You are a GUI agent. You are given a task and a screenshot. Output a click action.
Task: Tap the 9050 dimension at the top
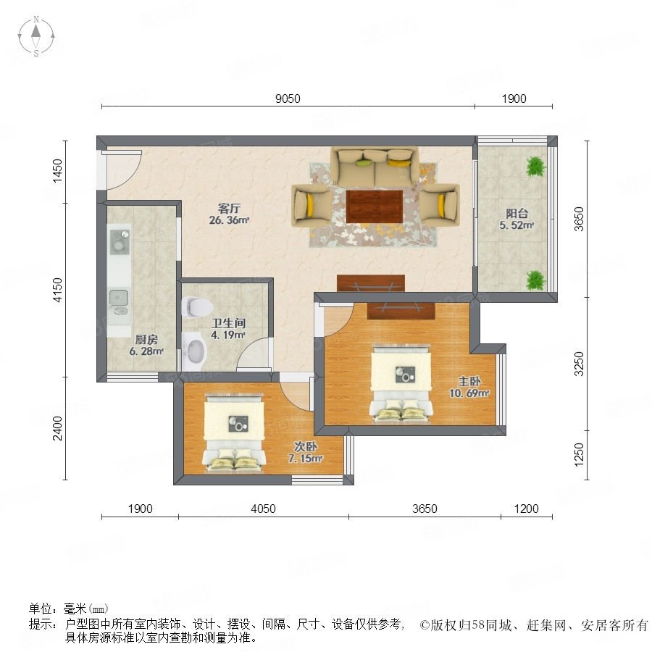(x=288, y=99)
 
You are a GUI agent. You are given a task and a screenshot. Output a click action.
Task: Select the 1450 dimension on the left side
(x=57, y=170)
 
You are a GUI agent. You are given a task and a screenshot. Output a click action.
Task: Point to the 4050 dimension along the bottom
(x=263, y=509)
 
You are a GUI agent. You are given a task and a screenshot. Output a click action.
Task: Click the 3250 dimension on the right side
(x=579, y=364)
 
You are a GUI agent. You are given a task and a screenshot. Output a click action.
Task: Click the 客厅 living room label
(x=229, y=209)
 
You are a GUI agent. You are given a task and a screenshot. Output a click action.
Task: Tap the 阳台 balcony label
(x=517, y=213)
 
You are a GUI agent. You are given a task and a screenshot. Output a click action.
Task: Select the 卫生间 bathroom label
(x=228, y=323)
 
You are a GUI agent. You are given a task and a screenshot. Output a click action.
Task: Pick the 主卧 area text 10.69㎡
(x=469, y=393)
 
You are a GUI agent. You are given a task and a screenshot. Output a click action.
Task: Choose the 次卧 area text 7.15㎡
(x=306, y=459)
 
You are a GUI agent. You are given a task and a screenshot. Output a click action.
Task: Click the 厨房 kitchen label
(x=146, y=340)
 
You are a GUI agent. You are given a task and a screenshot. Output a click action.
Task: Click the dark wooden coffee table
(x=375, y=206)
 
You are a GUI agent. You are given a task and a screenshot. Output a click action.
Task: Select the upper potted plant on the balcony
(x=535, y=167)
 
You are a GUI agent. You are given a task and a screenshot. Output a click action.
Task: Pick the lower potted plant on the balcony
(x=535, y=280)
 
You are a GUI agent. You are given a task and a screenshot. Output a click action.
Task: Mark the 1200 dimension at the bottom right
(x=527, y=509)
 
